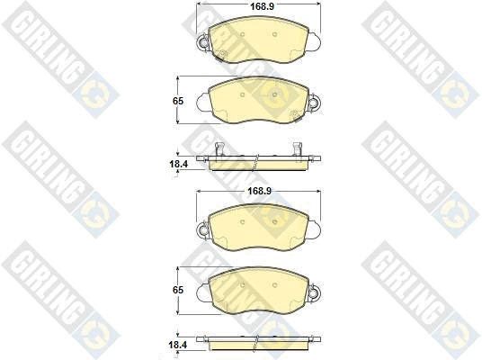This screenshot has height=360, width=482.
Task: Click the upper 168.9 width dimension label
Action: (x=262, y=6)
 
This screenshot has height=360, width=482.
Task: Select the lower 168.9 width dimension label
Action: (x=260, y=191)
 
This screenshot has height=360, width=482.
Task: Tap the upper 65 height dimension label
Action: (x=178, y=101)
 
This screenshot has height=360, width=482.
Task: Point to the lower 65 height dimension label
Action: (x=178, y=290)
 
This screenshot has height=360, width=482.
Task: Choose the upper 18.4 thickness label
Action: (x=179, y=164)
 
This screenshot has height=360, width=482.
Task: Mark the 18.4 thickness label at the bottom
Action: (x=179, y=345)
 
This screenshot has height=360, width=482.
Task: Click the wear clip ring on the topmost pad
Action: (x=203, y=41)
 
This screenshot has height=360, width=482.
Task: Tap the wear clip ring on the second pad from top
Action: (x=314, y=102)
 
